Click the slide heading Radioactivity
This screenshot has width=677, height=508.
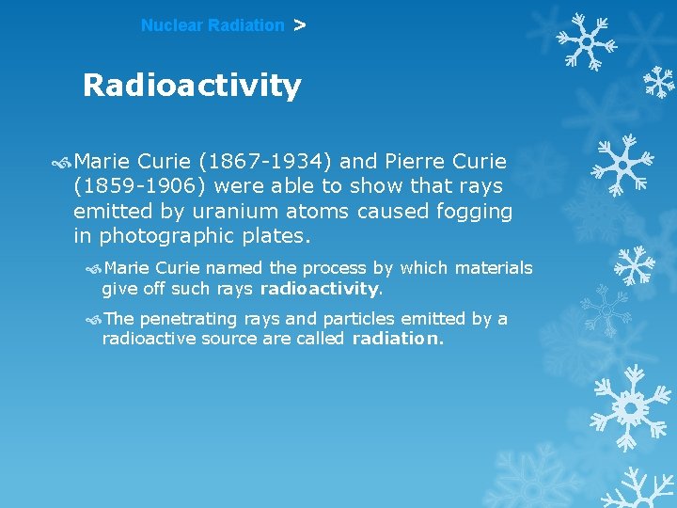click(x=192, y=86)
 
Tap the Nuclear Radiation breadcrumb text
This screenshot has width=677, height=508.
click(x=213, y=25)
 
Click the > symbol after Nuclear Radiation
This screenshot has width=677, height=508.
click(x=299, y=25)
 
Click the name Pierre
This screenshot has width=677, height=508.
click(x=409, y=162)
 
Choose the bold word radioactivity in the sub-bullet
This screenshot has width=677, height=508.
click(x=319, y=288)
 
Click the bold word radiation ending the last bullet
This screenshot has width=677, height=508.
click(x=396, y=339)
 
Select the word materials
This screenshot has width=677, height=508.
click(x=494, y=268)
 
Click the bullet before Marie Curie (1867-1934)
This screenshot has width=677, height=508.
click(x=63, y=162)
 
